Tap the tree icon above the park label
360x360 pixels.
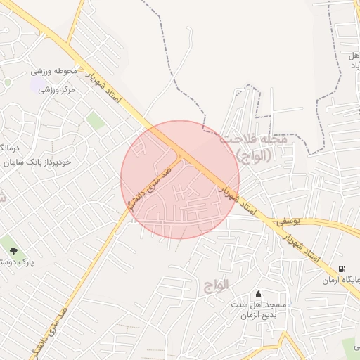tap(13, 250)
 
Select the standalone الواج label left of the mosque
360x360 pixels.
tap(217, 285)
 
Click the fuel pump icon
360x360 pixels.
tap(342, 269)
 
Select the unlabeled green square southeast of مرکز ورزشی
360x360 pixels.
tap(96, 122)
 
